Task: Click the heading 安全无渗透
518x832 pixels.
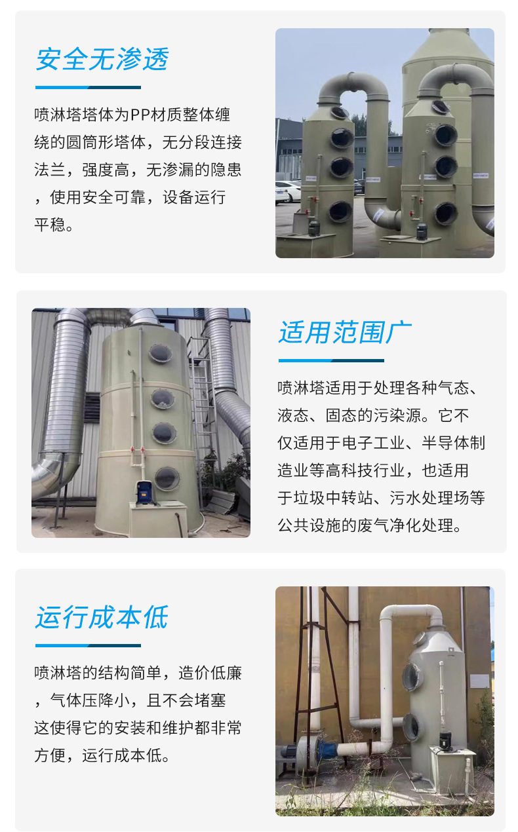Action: point(102,59)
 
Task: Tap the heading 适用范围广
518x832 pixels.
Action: point(345,332)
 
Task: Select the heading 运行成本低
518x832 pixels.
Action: point(102,617)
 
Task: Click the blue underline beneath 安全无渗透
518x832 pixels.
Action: point(88,88)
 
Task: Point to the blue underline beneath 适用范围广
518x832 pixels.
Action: point(331,361)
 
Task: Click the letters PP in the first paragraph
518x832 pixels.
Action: point(140,115)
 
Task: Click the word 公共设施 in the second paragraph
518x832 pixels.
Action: point(309,525)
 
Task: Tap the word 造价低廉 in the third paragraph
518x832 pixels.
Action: point(210,673)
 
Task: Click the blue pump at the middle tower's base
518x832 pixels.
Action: point(146,493)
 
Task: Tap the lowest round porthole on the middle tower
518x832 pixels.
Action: point(167,478)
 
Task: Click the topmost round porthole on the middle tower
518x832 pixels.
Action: point(161,352)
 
